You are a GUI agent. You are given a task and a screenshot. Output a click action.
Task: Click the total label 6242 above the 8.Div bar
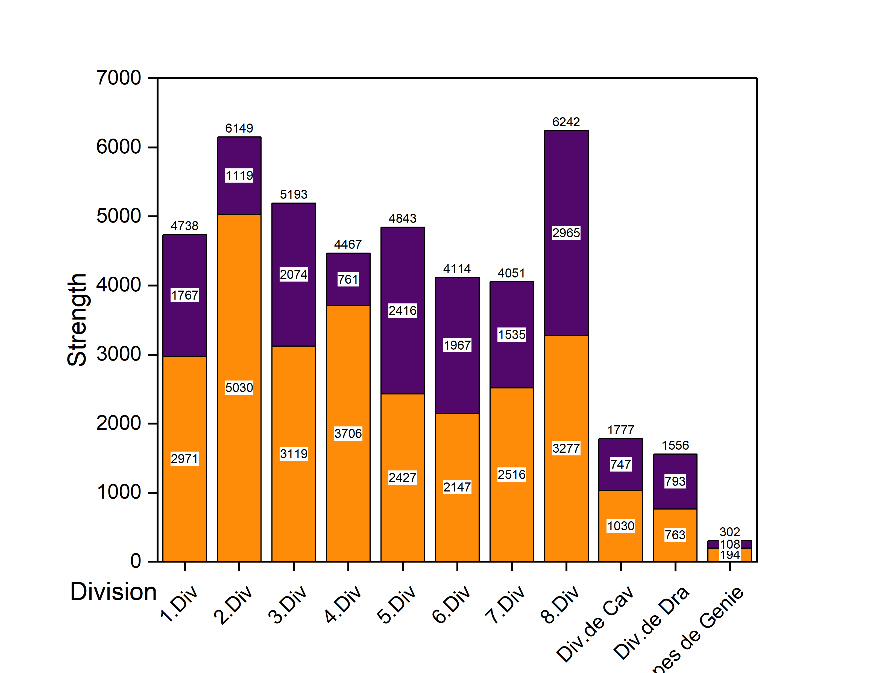[x=566, y=122]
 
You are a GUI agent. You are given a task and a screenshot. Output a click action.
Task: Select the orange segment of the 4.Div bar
[x=348, y=481]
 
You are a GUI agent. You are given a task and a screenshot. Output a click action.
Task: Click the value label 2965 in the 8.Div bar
[x=566, y=233]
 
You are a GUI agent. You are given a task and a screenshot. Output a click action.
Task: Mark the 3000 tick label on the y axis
[x=119, y=354]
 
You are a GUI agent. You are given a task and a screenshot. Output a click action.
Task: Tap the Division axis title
[x=113, y=592]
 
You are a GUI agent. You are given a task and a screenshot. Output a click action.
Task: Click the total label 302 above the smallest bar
[x=729, y=532]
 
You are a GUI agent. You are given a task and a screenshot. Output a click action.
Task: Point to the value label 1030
[x=621, y=526]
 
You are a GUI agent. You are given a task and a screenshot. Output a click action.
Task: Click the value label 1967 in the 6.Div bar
[x=457, y=345]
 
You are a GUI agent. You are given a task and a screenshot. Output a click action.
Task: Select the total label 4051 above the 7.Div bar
[x=511, y=273]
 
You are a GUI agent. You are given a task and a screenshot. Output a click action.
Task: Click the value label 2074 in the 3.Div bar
[x=294, y=274]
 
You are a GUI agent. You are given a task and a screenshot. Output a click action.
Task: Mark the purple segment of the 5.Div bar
[x=402, y=273]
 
